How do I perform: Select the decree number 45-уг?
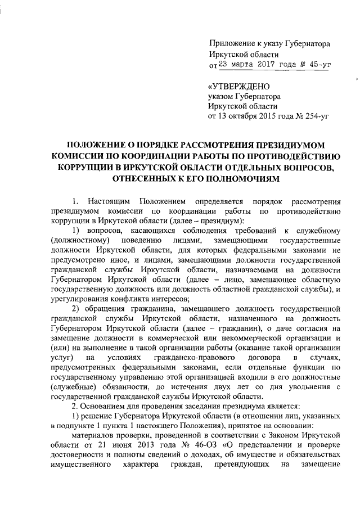pyautogui.click(x=312, y=65)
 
